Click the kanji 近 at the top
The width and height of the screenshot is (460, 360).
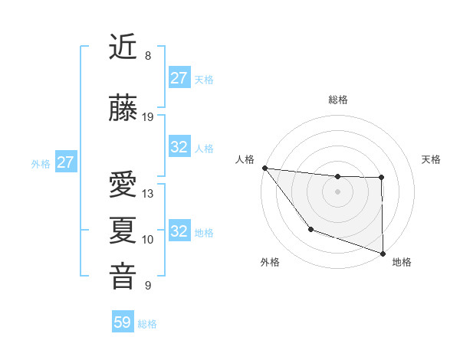[123, 47]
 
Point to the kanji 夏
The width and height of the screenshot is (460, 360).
[123, 231]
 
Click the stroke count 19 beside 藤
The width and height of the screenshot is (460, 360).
[148, 117]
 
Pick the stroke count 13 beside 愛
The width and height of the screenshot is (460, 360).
[148, 194]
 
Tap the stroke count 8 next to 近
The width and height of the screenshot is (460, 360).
[148, 56]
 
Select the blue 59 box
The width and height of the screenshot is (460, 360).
[123, 322]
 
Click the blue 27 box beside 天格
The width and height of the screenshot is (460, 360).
[179, 77]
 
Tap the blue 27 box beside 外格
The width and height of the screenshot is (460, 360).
[65, 162]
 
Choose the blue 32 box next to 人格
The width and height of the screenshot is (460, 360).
[179, 147]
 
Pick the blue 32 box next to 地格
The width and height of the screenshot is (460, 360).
[179, 231]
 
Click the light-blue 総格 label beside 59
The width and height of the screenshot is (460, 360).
[147, 324]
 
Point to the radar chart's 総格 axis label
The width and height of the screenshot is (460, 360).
[337, 100]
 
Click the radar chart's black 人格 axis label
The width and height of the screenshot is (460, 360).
[245, 159]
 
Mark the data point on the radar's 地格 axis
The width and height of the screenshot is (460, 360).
[382, 253]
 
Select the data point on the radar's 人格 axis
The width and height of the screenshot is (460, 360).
[264, 168]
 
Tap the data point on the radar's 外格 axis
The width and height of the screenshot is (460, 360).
[310, 229]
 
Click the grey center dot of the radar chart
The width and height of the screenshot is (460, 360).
[337, 191]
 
